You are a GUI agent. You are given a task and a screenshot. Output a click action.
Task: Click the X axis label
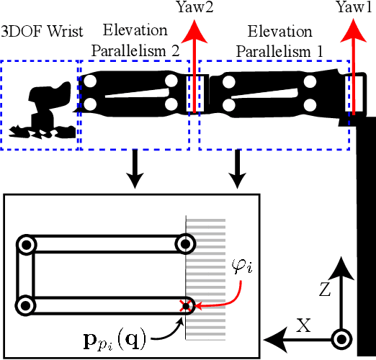point(304,325)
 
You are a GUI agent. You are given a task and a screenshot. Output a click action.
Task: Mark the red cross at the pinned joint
point(185,306)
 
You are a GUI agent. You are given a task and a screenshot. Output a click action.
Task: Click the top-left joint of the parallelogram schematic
point(27,245)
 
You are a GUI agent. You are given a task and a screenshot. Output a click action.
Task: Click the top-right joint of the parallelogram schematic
point(186,245)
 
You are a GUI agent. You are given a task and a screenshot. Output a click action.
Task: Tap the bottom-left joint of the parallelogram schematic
point(27,306)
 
